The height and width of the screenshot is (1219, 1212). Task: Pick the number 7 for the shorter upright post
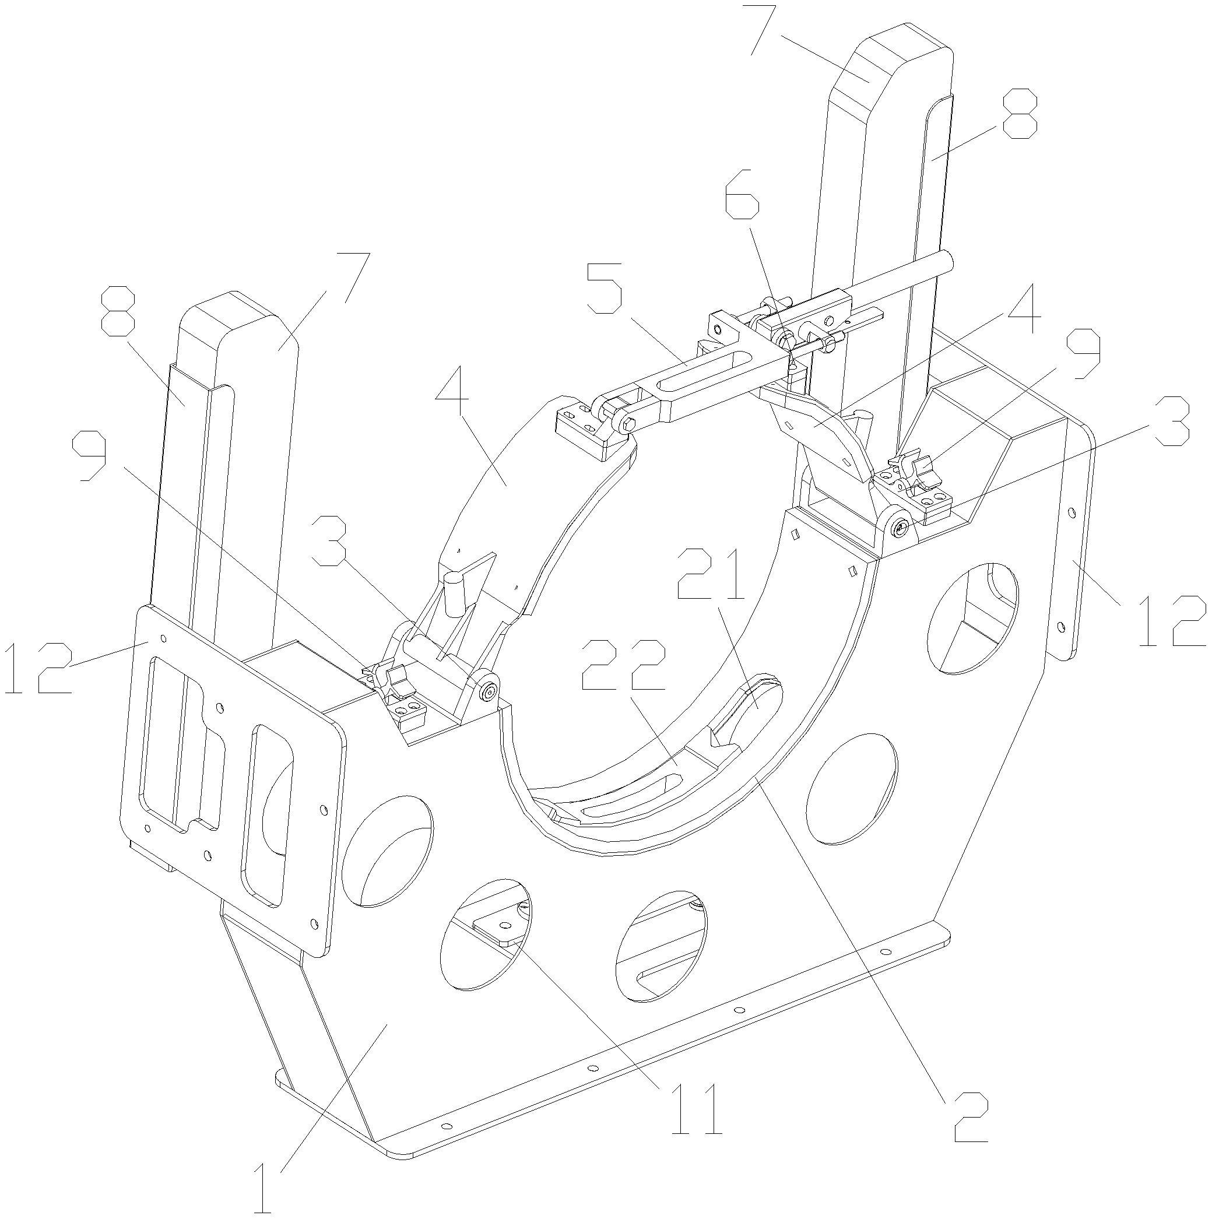tap(353, 277)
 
